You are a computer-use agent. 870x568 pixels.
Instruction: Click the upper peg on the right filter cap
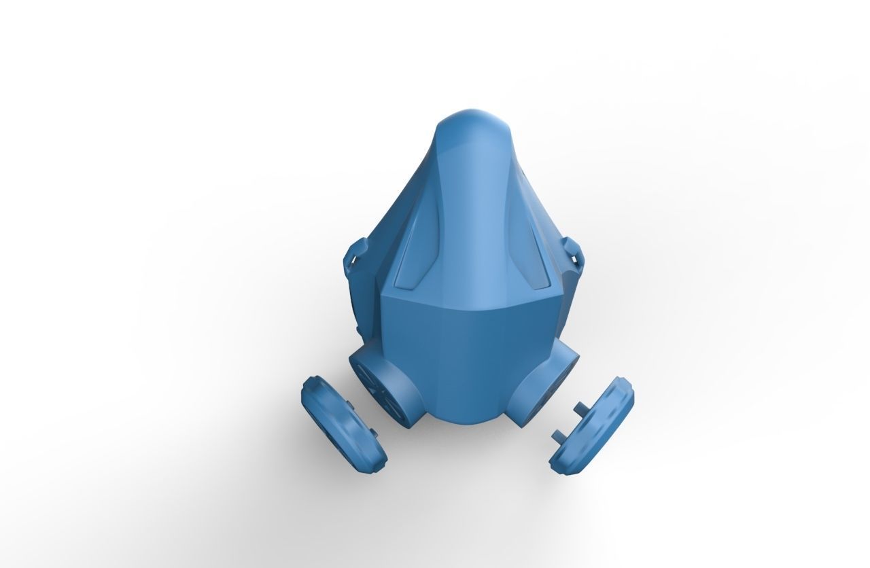point(578,407)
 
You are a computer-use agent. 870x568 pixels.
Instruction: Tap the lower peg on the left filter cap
point(372,432)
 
